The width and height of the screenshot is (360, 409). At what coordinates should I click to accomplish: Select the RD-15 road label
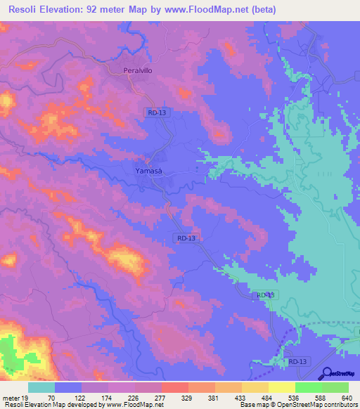[x=266, y=295]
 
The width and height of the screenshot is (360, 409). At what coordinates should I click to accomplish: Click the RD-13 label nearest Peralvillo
[x=157, y=112]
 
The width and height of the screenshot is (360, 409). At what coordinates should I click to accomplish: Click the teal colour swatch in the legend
[x=41, y=387]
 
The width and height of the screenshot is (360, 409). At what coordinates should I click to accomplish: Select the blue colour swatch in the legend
[x=68, y=387]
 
